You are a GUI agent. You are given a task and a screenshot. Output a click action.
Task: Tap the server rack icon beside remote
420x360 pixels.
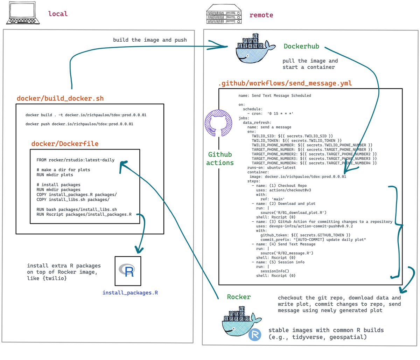click(224, 15)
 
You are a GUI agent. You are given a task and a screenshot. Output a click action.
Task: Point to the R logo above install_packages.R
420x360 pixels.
click(128, 270)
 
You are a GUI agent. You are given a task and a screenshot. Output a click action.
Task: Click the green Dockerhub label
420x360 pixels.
click(301, 46)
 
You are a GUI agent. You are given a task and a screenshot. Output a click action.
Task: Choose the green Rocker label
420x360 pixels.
click(239, 297)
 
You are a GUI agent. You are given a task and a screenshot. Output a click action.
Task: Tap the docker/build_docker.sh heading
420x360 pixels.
click(60, 98)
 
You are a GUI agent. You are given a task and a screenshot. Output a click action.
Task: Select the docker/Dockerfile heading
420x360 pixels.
click(65, 144)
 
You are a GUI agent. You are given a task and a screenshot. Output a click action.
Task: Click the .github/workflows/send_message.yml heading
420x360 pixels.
click(285, 83)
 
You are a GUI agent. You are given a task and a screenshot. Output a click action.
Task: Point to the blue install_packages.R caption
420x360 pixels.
click(130, 292)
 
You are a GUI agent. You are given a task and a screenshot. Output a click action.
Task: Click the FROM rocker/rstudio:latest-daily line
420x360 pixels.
click(75, 160)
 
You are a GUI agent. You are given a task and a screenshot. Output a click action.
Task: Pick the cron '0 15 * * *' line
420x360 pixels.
click(270, 113)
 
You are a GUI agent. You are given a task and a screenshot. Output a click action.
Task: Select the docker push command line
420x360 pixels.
click(79, 124)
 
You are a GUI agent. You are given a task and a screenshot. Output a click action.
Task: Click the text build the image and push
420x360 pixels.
click(150, 40)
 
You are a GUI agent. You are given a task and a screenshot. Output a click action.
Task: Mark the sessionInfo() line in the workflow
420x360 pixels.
click(275, 271)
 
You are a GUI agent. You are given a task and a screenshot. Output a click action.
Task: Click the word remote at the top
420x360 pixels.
click(261, 15)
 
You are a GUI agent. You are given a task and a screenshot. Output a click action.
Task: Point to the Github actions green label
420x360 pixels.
click(220, 159)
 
